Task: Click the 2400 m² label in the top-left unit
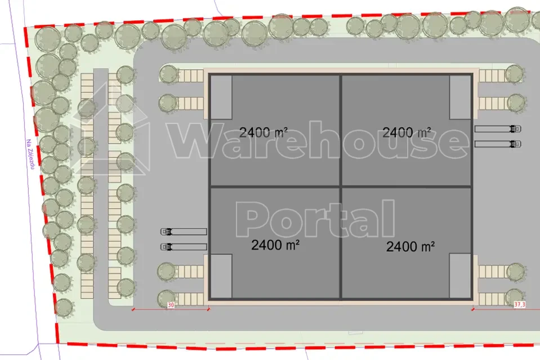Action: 264,132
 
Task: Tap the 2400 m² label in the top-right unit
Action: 407,132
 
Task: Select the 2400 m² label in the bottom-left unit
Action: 275,245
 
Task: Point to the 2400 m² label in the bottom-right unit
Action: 410,247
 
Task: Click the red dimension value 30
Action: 171,305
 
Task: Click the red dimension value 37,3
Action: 520,304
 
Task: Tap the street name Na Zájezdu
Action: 31,154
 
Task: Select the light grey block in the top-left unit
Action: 221,97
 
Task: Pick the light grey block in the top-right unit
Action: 460,97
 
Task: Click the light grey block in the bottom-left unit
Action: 221,276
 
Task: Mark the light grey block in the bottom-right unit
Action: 460,275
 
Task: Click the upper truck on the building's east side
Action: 498,129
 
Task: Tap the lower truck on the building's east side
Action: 498,144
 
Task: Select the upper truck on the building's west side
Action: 184,232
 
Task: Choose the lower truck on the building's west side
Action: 184,247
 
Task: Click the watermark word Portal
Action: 315,219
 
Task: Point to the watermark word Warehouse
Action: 319,140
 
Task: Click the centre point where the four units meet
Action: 341,186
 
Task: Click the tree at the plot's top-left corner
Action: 48,38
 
